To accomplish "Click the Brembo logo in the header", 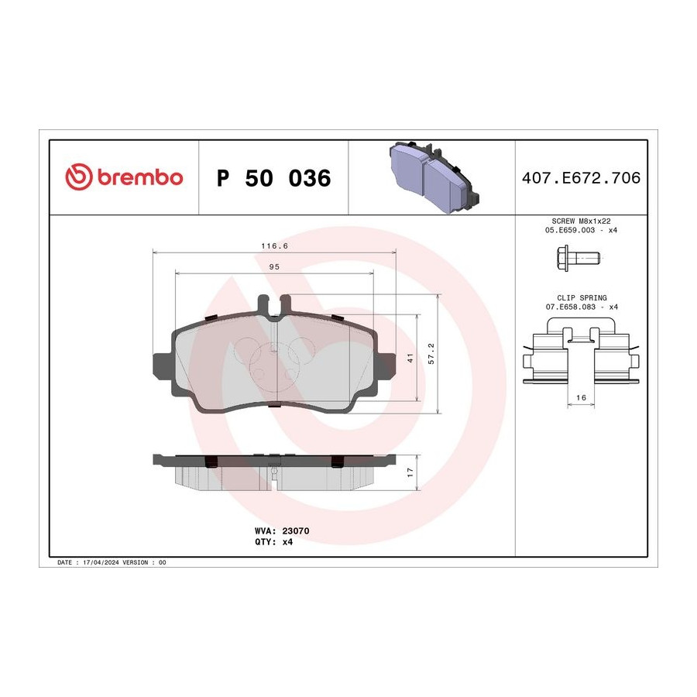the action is click(x=124, y=177).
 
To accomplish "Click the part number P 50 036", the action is click(x=274, y=178).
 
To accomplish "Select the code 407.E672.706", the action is click(x=581, y=178).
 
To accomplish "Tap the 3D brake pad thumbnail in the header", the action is click(x=434, y=177).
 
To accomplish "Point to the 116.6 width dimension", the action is click(x=274, y=245).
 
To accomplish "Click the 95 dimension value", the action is click(x=274, y=266).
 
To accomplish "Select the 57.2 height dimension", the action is click(x=431, y=353).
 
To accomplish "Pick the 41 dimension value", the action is click(x=410, y=358).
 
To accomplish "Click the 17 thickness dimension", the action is click(x=410, y=472).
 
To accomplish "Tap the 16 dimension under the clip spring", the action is click(x=581, y=398).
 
